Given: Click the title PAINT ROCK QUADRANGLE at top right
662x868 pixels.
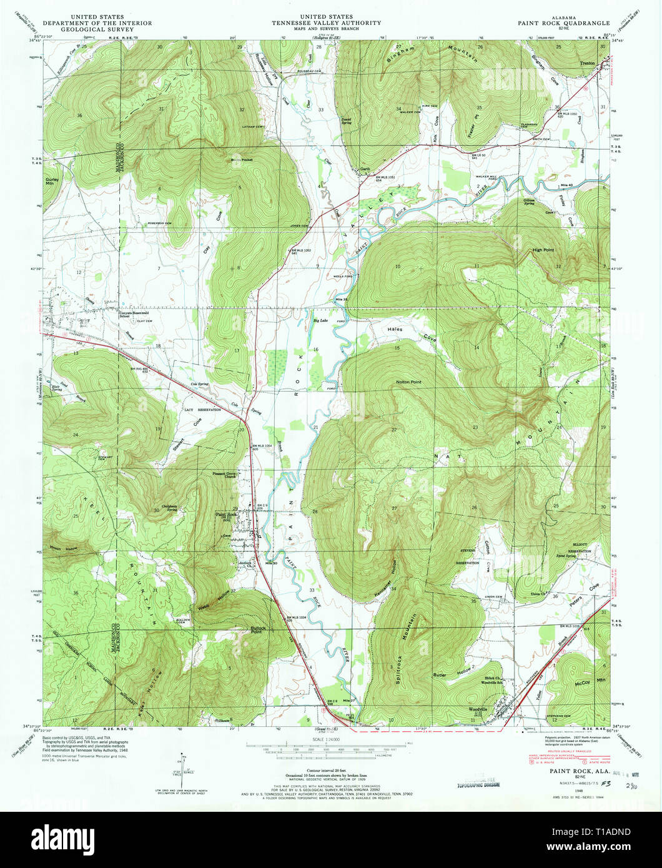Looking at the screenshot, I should pos(559,23).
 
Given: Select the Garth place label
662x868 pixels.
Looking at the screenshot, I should pos(365,169).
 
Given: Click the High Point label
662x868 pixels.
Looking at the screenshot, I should pos(543,249).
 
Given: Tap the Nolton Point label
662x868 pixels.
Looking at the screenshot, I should pos(409,380).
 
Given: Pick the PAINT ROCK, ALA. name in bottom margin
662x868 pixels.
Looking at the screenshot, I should pos(570,771).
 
